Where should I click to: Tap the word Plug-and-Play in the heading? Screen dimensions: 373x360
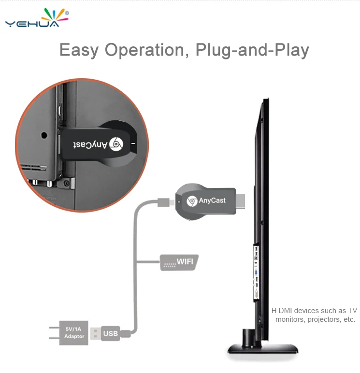pyautogui.click(x=252, y=50)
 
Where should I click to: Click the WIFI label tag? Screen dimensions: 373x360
pyautogui.click(x=179, y=262)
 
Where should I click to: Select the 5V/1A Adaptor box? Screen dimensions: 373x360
pyautogui.click(x=74, y=332)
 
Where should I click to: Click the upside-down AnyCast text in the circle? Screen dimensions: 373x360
pyautogui.click(x=86, y=143)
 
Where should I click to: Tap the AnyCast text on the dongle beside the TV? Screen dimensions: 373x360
pyautogui.click(x=213, y=200)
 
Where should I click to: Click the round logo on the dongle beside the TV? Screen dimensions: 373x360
pyautogui.click(x=191, y=201)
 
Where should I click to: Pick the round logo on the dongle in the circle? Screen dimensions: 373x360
pyautogui.click(x=118, y=143)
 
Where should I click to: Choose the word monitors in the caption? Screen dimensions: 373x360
pyautogui.click(x=289, y=319)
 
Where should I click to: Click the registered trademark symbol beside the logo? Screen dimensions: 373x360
pyautogui.click(x=66, y=12)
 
